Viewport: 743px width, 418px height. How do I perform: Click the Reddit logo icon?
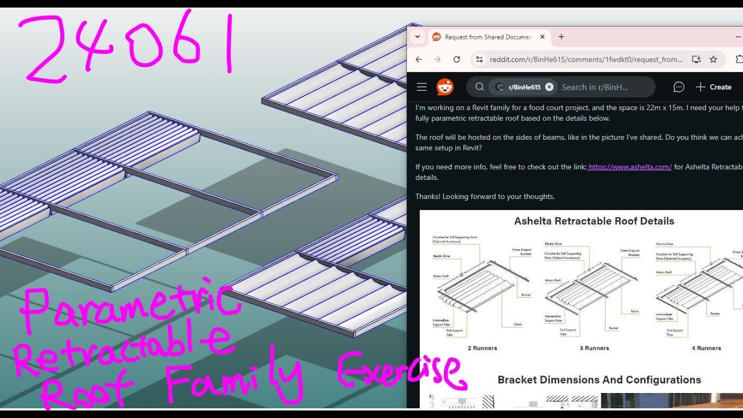coord(445,87)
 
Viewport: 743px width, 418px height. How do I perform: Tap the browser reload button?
coord(457,59)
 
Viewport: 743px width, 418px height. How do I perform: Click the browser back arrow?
coord(419,59)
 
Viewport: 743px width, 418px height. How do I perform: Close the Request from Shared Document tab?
coord(542,37)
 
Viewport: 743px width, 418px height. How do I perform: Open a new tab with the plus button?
coord(561,37)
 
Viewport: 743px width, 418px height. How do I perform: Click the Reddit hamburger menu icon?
coord(422,87)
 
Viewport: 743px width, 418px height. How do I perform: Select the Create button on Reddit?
coord(713,87)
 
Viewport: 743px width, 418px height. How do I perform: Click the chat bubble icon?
coord(679,87)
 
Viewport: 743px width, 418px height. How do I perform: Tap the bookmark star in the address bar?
coord(713,59)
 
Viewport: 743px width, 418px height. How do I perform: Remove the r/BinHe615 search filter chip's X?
coord(549,87)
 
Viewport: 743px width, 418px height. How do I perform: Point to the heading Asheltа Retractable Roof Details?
coord(594,221)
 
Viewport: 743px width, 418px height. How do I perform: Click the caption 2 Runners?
coord(482,348)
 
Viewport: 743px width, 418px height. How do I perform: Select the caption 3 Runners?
coord(594,348)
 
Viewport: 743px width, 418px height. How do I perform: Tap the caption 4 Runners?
coord(706,348)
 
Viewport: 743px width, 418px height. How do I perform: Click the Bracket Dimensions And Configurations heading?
coord(599,380)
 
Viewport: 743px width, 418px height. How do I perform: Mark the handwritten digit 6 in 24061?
coord(185,44)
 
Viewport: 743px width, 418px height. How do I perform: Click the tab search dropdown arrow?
coord(417,37)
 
